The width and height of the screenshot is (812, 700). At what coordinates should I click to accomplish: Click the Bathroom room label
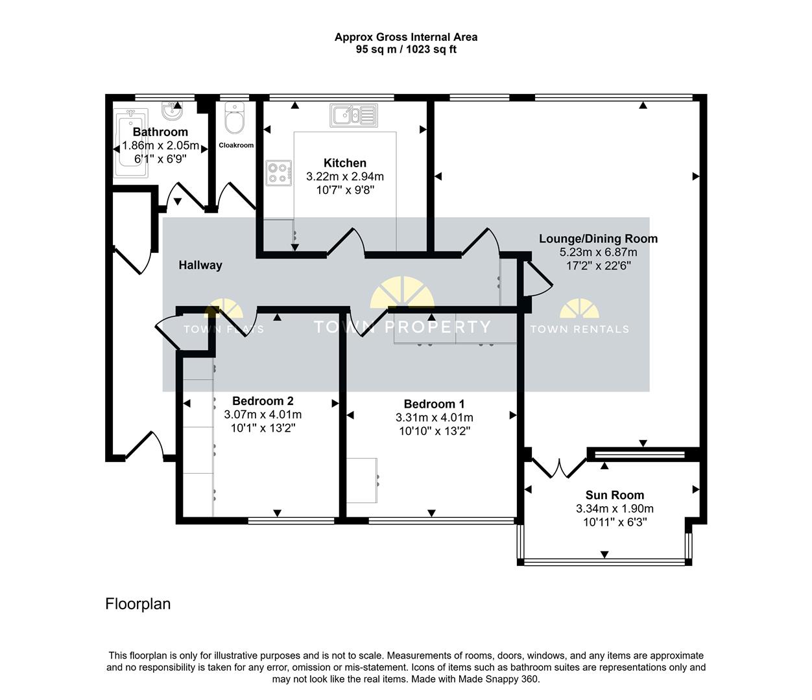click(x=160, y=132)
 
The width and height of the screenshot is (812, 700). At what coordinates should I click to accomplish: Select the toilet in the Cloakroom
click(x=233, y=119)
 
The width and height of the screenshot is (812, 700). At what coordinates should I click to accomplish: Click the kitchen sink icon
click(x=353, y=116)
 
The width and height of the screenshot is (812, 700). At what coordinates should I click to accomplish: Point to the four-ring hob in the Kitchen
click(x=279, y=173)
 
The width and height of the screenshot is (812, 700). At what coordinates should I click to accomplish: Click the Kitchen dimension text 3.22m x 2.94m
click(x=345, y=176)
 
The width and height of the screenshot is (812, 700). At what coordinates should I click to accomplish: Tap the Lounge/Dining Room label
click(x=598, y=239)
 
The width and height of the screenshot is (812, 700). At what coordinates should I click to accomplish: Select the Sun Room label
click(x=614, y=495)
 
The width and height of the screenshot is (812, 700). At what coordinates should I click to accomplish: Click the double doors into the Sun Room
click(x=558, y=468)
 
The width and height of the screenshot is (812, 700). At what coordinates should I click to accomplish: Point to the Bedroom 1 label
click(x=434, y=404)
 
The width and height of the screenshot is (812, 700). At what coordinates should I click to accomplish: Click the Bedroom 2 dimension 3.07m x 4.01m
click(x=263, y=415)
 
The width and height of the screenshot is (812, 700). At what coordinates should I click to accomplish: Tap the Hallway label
click(x=200, y=265)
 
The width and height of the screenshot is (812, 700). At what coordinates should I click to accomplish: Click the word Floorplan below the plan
click(x=138, y=604)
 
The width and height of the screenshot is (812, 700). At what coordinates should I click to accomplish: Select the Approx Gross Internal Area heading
click(x=406, y=38)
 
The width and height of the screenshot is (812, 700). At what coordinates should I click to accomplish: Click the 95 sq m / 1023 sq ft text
click(x=406, y=50)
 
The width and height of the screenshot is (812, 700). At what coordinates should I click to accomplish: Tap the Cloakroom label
click(x=236, y=145)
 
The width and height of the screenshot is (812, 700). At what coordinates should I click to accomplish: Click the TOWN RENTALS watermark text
click(x=579, y=329)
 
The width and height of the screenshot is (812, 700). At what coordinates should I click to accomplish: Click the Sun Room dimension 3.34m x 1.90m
click(x=614, y=509)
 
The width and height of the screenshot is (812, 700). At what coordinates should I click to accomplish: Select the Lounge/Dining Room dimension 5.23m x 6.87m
click(x=598, y=252)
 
